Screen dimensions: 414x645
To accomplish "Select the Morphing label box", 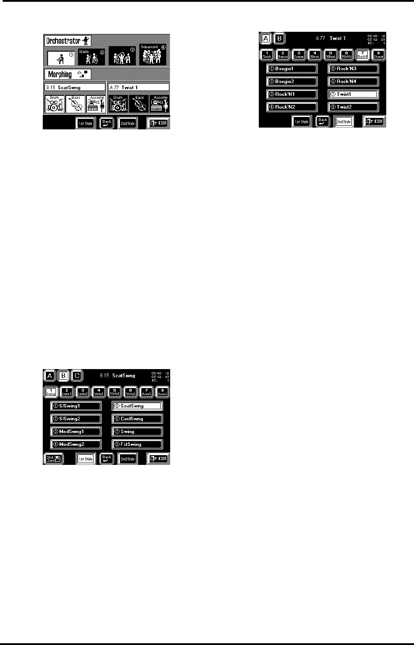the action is [x=67, y=74].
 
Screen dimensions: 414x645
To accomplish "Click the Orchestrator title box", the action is [x=68, y=41].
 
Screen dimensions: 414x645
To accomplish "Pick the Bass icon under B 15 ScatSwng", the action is [x=75, y=104].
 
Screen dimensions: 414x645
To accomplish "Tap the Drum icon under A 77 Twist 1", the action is [x=118, y=105].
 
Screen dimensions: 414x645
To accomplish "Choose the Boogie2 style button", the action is [x=292, y=81].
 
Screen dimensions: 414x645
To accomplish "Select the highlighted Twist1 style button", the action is [x=353, y=94].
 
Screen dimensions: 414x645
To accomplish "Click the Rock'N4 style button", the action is [x=353, y=81].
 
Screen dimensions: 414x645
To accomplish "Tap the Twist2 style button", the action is [x=353, y=107].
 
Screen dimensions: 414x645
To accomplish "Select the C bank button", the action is [x=77, y=376].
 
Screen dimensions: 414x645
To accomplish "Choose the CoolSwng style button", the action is [x=137, y=419].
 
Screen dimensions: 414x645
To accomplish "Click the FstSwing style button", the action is [x=137, y=444].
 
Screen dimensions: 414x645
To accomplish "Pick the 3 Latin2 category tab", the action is [x=83, y=392].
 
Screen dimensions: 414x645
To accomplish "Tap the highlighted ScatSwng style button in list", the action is [x=137, y=406].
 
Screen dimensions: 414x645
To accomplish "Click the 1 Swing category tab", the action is [x=51, y=392].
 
